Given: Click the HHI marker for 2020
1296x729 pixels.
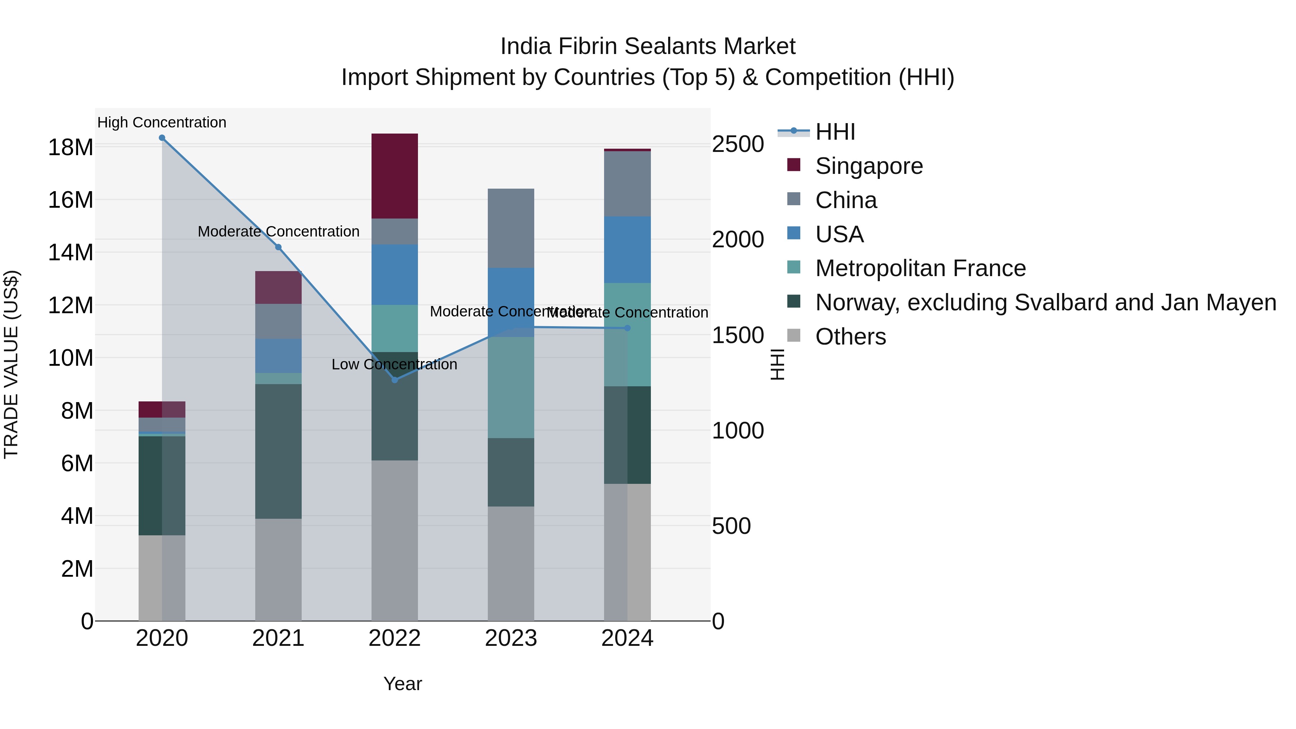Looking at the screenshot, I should (x=162, y=138).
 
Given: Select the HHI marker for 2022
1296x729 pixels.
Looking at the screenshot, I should (x=395, y=380).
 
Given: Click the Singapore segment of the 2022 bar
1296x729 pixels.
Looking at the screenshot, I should (x=395, y=176).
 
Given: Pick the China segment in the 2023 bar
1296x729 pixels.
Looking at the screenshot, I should (x=510, y=228).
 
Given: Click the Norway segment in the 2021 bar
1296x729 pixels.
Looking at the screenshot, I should (x=278, y=451).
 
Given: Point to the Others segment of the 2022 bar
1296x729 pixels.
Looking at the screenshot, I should (x=395, y=540).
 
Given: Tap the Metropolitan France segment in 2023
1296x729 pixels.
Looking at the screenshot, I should (x=510, y=387).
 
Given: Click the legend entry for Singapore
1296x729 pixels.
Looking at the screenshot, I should (x=869, y=166).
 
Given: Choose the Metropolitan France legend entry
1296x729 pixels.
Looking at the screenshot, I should (x=920, y=268).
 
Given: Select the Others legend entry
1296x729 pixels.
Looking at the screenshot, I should (x=850, y=337).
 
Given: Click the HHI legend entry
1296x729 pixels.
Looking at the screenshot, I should (x=835, y=132).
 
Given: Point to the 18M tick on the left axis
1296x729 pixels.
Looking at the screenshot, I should (x=71, y=147).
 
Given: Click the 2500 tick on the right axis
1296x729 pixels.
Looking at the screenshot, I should (x=738, y=144).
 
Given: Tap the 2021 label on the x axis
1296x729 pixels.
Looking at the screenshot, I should (x=278, y=638).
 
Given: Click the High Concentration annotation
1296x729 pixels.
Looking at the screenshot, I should (x=162, y=122).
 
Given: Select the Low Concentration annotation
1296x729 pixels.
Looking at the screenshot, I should (x=395, y=364).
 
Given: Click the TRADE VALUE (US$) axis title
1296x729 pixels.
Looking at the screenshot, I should (x=11, y=364).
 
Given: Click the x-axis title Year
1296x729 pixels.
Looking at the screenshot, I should (x=402, y=684).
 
